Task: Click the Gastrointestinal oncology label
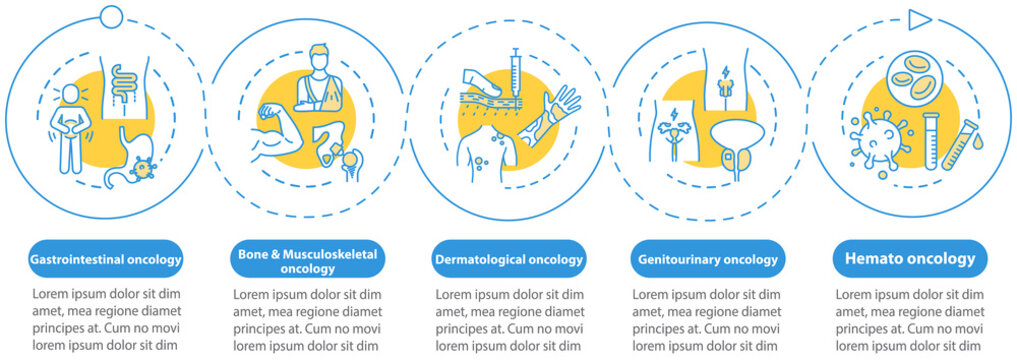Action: [107, 260]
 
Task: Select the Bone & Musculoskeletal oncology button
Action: [307, 261]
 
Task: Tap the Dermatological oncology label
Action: [508, 260]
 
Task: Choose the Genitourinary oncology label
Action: [708, 260]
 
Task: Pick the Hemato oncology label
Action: [909, 259]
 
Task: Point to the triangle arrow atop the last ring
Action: [919, 19]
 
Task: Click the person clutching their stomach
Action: [70, 131]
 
